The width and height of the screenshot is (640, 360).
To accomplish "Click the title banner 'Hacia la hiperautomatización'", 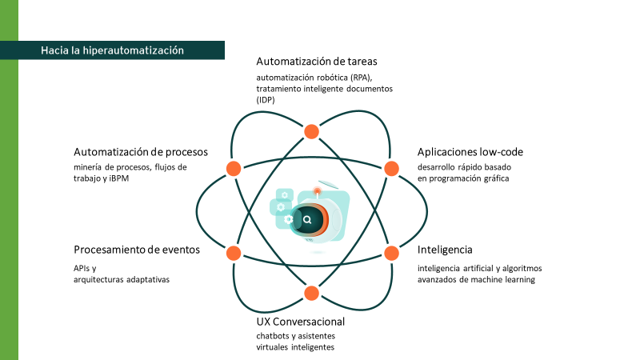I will click(112, 50).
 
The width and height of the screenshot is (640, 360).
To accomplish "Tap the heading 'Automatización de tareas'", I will click(316, 61).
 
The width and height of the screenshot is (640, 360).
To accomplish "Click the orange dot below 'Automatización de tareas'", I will click(312, 131).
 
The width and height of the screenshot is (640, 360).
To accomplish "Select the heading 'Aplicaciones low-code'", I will click(470, 151).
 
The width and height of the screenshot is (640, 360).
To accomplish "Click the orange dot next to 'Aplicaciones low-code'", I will click(392, 169).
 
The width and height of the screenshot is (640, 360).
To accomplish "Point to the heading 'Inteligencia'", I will click(445, 250).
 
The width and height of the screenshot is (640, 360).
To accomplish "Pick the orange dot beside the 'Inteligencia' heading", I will click(392, 253).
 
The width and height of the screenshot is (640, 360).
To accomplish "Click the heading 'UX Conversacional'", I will click(300, 321).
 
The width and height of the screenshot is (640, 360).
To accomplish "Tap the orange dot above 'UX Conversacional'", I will click(312, 293).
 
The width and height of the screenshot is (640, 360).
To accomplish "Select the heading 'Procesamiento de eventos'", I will click(137, 250).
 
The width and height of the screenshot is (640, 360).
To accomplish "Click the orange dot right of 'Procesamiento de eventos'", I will click(234, 253).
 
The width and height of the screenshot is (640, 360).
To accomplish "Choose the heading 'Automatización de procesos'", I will click(141, 151).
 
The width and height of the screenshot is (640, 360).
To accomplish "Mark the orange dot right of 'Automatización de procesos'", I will click(234, 169).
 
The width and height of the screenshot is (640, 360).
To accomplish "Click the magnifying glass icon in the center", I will click(306, 218).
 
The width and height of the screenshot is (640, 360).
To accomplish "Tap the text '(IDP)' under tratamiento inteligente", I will click(266, 101).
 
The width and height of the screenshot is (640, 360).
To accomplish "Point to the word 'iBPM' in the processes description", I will click(118, 178).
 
